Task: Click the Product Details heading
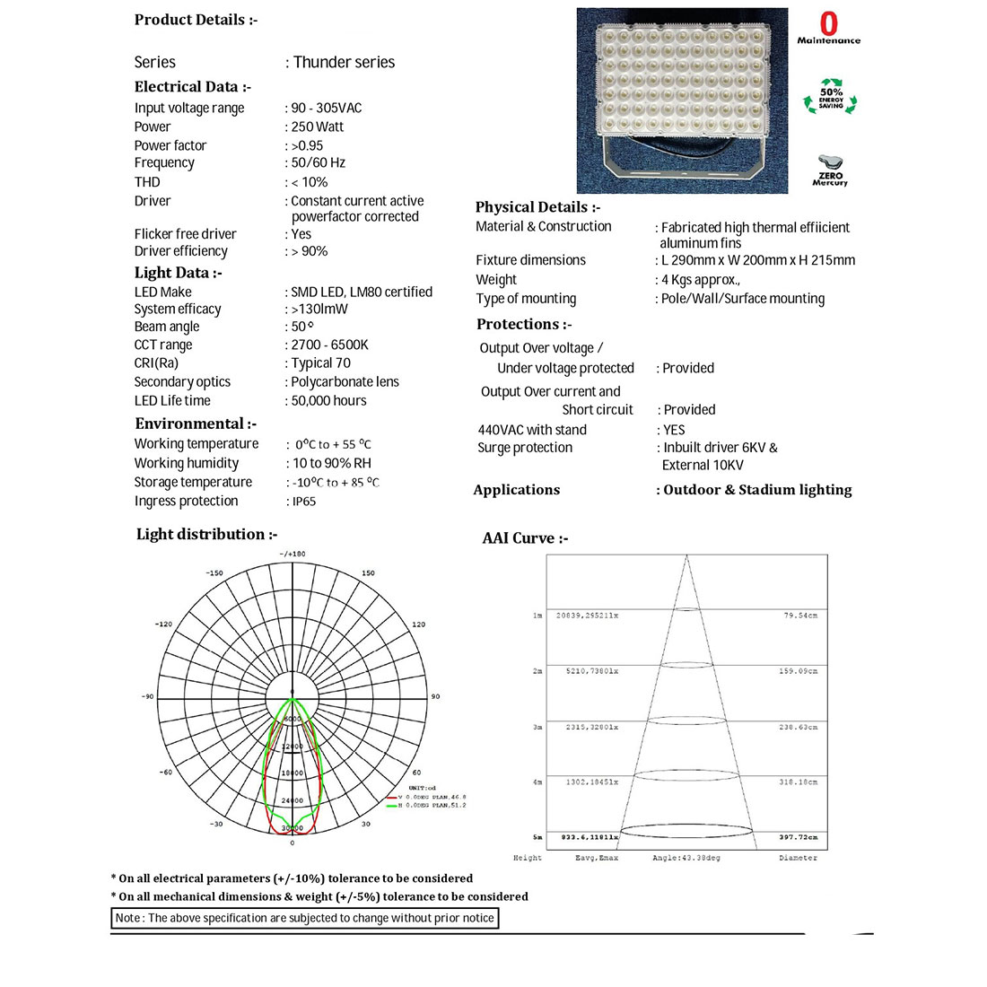tap(196, 20)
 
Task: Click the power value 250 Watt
tap(318, 127)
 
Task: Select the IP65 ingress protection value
tap(304, 502)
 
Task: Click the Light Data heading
tap(178, 273)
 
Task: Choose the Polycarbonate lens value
tap(345, 381)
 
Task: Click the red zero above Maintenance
tap(829, 23)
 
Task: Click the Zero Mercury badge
tap(830, 170)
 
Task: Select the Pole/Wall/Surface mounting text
tap(743, 299)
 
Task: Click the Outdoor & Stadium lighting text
tap(757, 490)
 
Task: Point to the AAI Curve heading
tap(525, 538)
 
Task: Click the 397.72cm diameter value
tap(799, 837)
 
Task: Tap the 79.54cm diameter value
tap(800, 616)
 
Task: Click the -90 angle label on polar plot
tap(147, 696)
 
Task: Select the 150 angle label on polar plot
tap(368, 572)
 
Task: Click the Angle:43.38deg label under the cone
tap(686, 858)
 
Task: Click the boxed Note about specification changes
tap(304, 918)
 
